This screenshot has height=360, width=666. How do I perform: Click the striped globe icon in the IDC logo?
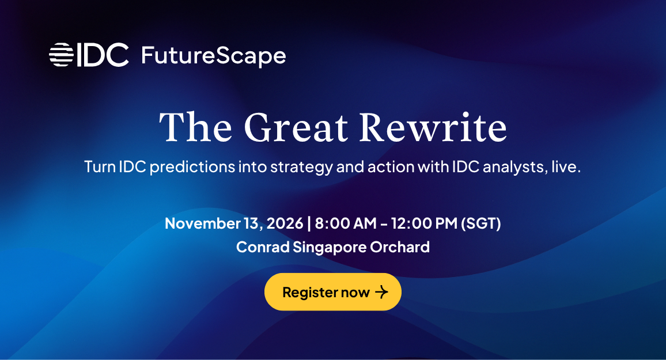coord(61,55)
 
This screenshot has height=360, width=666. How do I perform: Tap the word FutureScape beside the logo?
coord(214,56)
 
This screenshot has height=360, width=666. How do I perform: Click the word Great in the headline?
coord(296,127)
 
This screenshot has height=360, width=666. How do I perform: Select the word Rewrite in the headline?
coord(433,127)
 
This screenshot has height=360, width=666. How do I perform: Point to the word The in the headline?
coord(196,127)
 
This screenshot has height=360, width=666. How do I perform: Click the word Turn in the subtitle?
coord(100,166)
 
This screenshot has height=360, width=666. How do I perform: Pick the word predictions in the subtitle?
coord(192,167)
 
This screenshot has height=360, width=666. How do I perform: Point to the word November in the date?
coord(203,223)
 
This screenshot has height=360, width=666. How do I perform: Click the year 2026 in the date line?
coord(285,223)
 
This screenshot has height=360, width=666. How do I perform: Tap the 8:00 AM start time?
coord(345,223)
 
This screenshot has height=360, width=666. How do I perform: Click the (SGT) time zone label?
coord(481,223)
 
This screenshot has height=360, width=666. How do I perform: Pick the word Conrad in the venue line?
coord(263,247)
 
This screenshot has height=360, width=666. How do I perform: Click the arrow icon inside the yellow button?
coord(381,292)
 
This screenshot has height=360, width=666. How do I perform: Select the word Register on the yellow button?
coord(309,293)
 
